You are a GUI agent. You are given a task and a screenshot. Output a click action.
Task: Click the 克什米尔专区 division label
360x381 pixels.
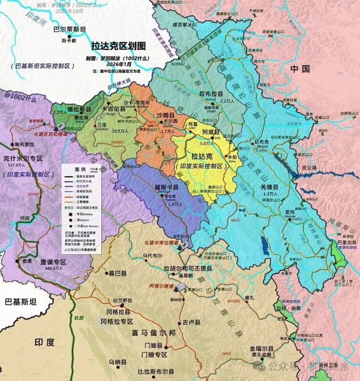(x=23, y=158)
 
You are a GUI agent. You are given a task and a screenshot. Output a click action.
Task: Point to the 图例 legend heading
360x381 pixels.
(x=80, y=169)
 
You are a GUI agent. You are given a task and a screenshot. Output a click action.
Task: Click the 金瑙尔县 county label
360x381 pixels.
(x=260, y=348)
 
